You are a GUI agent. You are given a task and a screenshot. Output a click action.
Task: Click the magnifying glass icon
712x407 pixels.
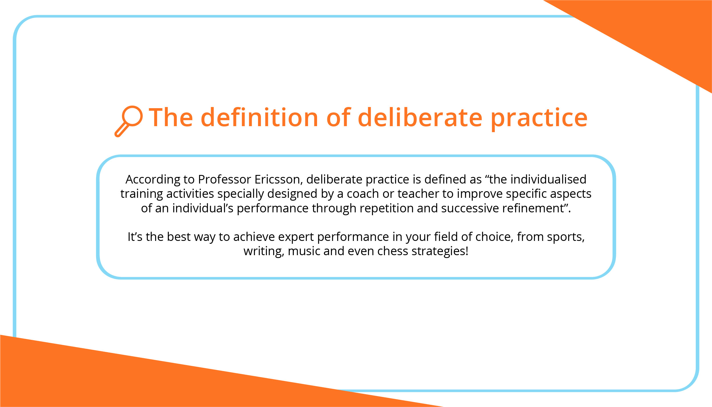[129, 120]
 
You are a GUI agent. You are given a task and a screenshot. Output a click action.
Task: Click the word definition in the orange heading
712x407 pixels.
[259, 117]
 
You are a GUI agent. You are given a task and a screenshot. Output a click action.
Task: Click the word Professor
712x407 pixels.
[224, 180]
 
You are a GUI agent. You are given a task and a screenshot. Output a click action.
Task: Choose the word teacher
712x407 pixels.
[418, 194]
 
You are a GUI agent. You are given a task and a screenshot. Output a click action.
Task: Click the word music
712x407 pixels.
[304, 251]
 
